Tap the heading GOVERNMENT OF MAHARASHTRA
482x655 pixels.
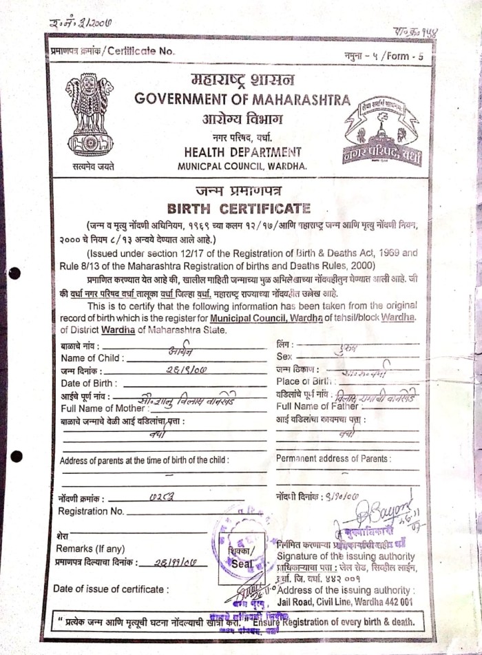click(242, 99)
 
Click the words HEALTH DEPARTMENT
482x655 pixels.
click(242, 152)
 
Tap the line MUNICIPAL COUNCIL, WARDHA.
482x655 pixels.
click(242, 167)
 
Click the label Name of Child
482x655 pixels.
click(92, 358)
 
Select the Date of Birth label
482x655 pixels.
click(90, 383)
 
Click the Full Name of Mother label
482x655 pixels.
click(103, 408)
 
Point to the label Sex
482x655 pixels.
click(284, 357)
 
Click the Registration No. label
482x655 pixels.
click(91, 511)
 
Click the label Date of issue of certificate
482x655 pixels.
click(109, 589)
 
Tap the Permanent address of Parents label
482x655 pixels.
click(333, 459)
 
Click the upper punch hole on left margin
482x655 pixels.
click(15, 273)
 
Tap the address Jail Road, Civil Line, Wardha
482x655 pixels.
click(344, 601)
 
